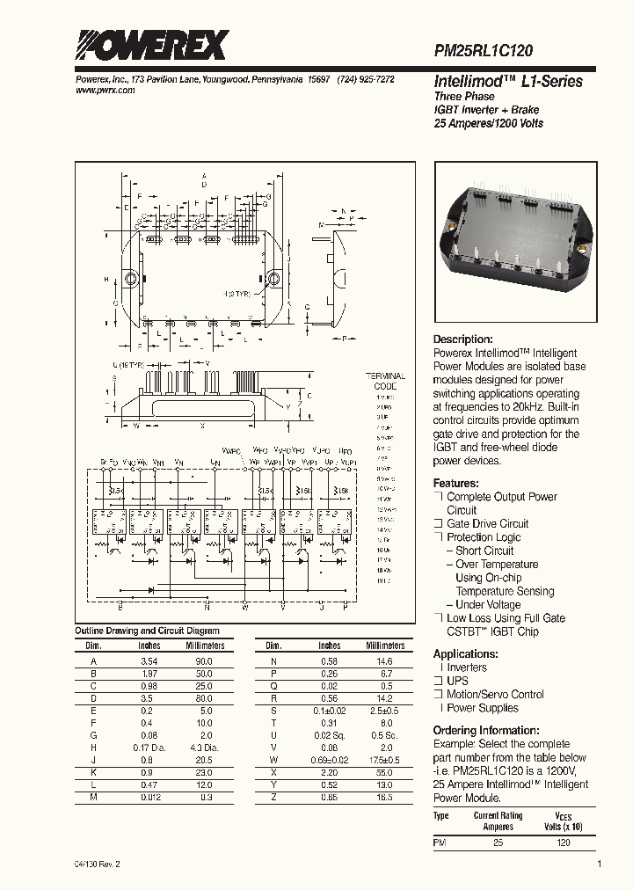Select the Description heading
[x=463, y=339]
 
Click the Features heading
[x=456, y=484]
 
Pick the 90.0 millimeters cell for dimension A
[x=204, y=660]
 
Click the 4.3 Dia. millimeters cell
[x=204, y=748]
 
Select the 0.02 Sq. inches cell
[x=329, y=735]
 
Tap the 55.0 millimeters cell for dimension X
[x=384, y=772]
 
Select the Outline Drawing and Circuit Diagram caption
[x=147, y=631]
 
